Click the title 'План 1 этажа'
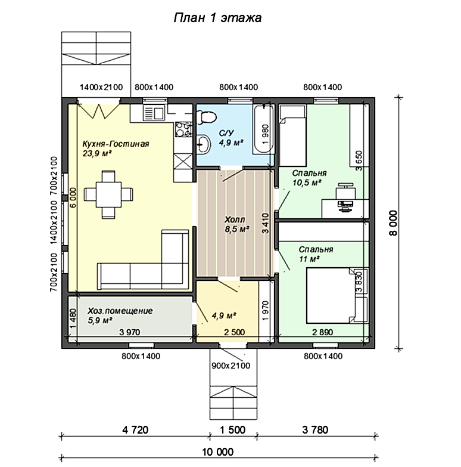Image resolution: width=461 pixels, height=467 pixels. click(217, 18)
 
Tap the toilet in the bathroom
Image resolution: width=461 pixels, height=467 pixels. click(206, 117)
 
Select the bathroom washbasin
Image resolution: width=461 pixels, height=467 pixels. click(204, 144)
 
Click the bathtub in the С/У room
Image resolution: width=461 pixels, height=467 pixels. click(263, 129)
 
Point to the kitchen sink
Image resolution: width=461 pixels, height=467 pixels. click(154, 113)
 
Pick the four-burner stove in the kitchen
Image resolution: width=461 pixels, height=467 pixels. click(183, 129)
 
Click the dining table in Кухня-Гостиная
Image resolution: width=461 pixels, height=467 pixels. click(108, 194)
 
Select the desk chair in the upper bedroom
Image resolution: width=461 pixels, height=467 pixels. click(345, 192)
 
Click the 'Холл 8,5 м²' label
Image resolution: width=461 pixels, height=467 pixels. click(236, 224)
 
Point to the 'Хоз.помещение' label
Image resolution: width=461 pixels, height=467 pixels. click(120, 311)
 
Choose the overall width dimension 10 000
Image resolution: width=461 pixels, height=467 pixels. click(218, 451)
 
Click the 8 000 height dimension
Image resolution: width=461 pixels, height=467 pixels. click(393, 223)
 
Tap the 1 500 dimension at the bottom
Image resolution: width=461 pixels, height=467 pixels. click(232, 430)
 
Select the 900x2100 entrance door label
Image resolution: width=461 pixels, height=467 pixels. click(230, 366)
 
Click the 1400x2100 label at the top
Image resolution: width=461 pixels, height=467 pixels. click(101, 87)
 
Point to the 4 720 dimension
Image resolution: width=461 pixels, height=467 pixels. click(135, 430)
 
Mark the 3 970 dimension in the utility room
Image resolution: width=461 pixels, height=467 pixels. click(130, 332)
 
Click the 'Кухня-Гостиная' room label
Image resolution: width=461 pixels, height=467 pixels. click(116, 144)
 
